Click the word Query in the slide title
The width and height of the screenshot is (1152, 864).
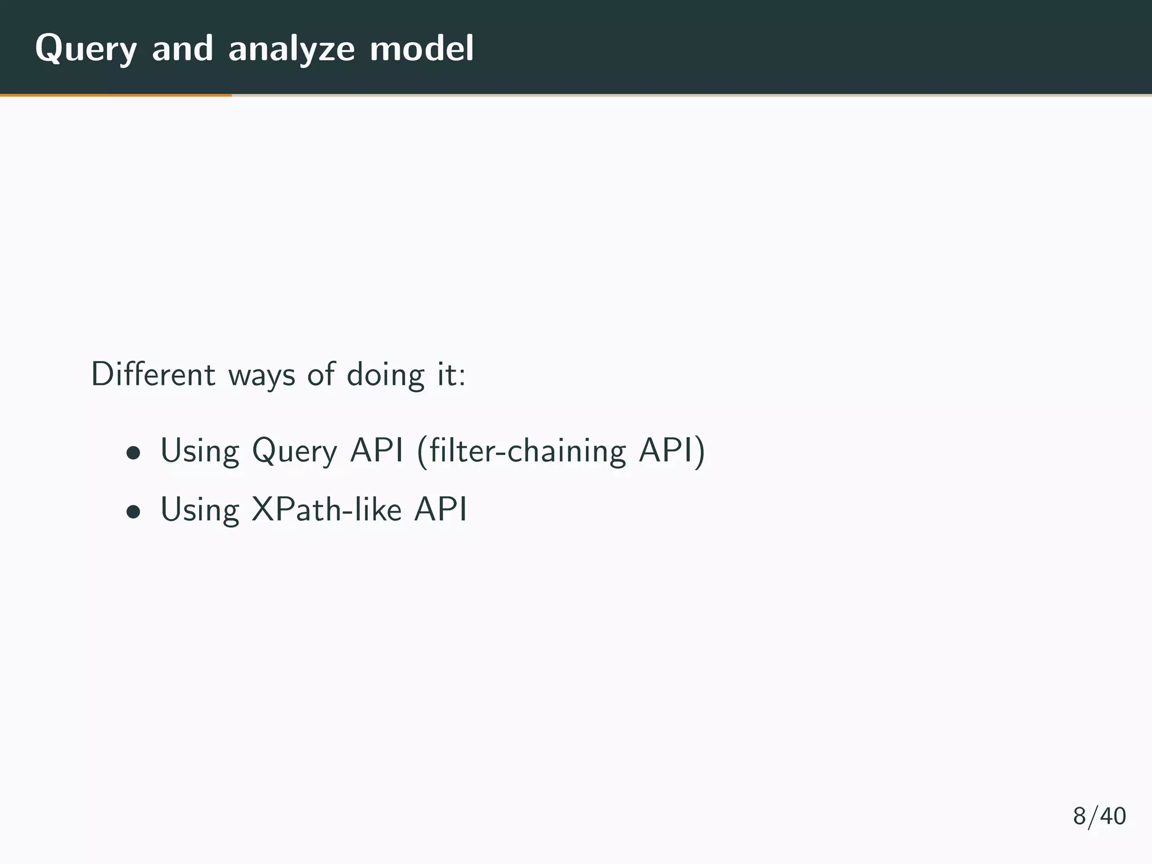85,49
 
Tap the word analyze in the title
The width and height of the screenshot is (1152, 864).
291,49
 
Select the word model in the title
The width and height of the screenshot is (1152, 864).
422,48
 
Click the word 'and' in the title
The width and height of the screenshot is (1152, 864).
182,48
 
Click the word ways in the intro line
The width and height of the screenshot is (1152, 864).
261,375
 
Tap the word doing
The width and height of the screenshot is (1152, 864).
385,375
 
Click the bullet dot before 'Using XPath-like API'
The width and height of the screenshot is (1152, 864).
133,511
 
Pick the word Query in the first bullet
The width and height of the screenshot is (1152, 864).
294,451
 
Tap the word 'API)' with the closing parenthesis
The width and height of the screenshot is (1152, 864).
671,451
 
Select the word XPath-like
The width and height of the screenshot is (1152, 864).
326,510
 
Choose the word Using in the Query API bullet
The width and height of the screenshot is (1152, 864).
200,452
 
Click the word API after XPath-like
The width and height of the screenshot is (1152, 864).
440,510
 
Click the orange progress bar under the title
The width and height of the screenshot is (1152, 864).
115,95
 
